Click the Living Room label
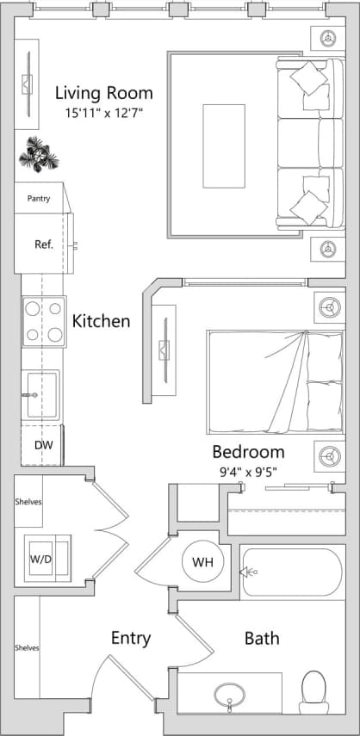(x=103, y=93)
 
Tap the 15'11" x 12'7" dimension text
(x=103, y=113)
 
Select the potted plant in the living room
(x=40, y=153)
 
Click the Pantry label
(x=39, y=199)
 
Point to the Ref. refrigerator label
(x=44, y=244)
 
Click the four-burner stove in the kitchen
(x=44, y=321)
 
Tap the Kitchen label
(x=102, y=321)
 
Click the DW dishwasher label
(x=43, y=445)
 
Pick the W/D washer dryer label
(x=40, y=558)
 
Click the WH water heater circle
(x=202, y=562)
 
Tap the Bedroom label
(x=248, y=452)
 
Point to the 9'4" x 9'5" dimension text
(x=248, y=471)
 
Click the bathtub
(x=290, y=572)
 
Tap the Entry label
(x=131, y=638)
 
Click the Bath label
(x=262, y=639)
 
